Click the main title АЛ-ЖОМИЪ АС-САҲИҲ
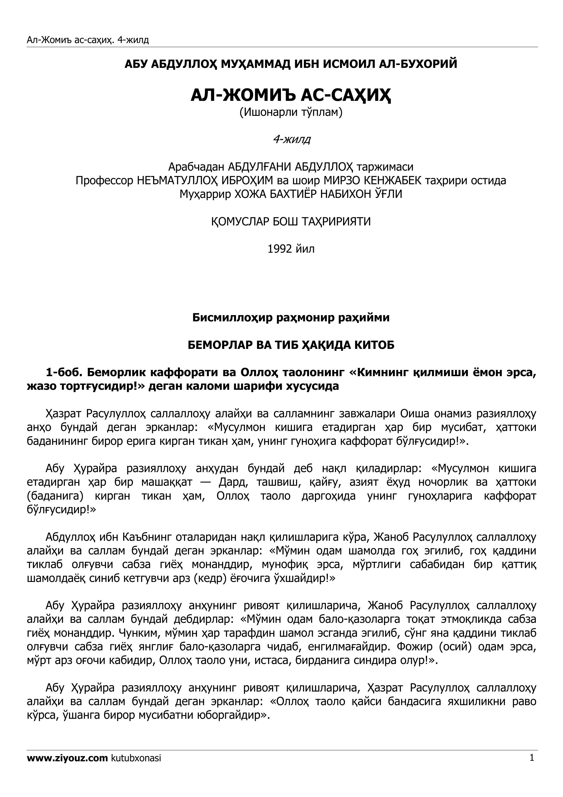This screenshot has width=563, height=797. click(291, 95)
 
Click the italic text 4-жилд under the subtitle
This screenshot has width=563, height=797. click(292, 139)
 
